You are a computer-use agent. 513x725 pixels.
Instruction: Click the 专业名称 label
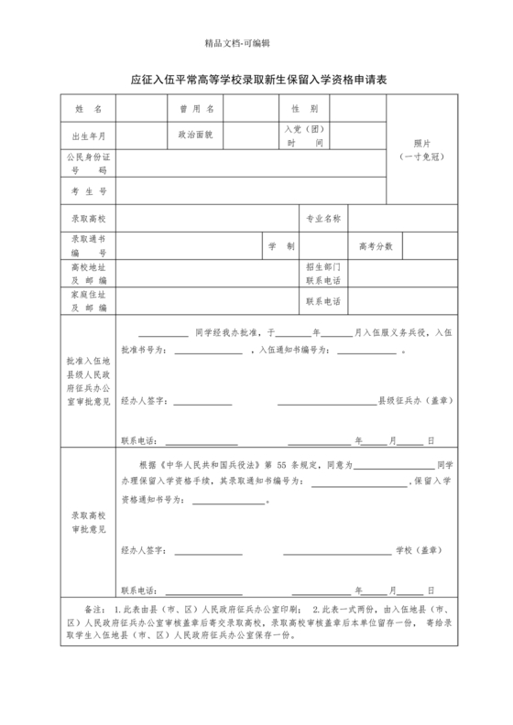click(x=323, y=220)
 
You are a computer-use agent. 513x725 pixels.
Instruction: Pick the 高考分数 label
click(x=376, y=247)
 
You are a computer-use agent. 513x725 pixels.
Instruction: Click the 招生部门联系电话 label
click(x=323, y=274)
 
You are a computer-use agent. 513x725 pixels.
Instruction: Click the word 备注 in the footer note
click(x=94, y=608)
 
